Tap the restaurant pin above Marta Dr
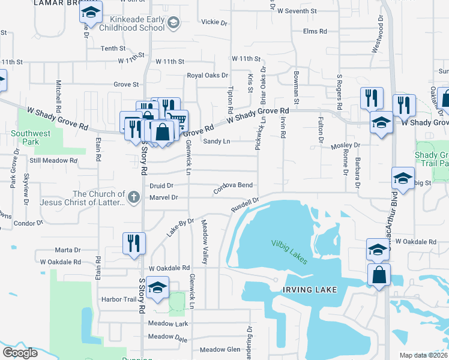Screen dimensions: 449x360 [x=133, y=244]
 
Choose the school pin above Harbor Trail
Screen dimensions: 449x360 [x=157, y=289]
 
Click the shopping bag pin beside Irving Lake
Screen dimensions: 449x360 [x=379, y=275]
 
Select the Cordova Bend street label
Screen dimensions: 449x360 [x=232, y=186]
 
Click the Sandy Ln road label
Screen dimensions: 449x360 [x=216, y=142]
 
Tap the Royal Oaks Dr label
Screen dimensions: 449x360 [x=208, y=76]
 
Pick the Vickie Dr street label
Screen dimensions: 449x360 [x=215, y=23]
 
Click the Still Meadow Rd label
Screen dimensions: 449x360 [x=53, y=161]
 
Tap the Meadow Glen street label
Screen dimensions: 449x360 [x=220, y=350]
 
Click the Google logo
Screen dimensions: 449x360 [x=20, y=353]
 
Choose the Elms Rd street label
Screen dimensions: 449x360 [x=315, y=31]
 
